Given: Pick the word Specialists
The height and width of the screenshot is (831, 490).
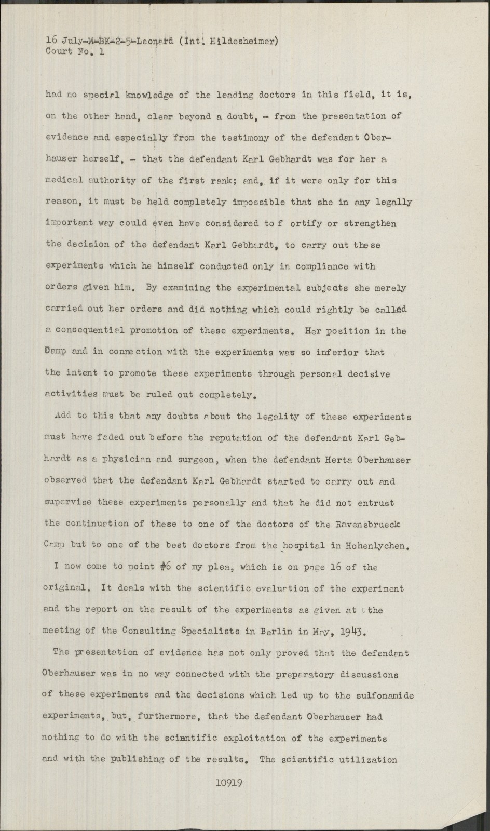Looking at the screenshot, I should click(214, 632).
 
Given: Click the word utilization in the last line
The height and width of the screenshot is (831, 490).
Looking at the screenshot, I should click(368, 759).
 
